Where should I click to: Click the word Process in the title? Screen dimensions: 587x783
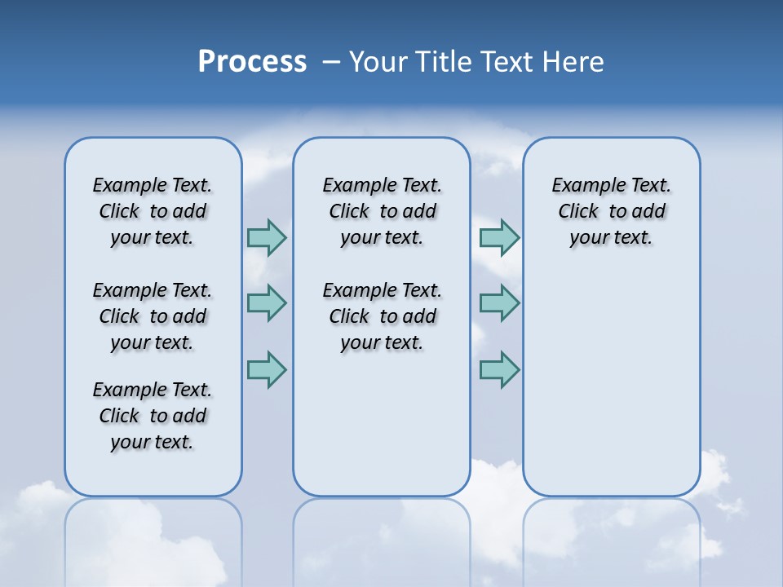[x=252, y=62]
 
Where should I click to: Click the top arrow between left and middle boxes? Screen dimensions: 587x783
[x=267, y=237]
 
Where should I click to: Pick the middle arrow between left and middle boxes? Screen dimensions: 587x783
[x=267, y=303]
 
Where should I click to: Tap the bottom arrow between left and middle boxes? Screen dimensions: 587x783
[x=267, y=369]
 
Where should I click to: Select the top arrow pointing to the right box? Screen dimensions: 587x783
[x=499, y=237]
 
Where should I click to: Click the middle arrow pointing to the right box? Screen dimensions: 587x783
[x=499, y=303]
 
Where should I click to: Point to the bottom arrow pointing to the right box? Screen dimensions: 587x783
[x=499, y=369]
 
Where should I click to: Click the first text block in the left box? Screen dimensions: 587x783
[x=153, y=211]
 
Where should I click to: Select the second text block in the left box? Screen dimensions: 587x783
[x=153, y=316]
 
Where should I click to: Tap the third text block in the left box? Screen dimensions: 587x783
[x=153, y=416]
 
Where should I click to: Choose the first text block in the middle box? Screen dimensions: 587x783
[x=382, y=211]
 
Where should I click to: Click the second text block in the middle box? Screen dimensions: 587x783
[x=382, y=316]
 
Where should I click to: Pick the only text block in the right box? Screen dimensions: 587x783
[x=612, y=211]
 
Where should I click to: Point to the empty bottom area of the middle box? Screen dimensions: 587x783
[x=382, y=432]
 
